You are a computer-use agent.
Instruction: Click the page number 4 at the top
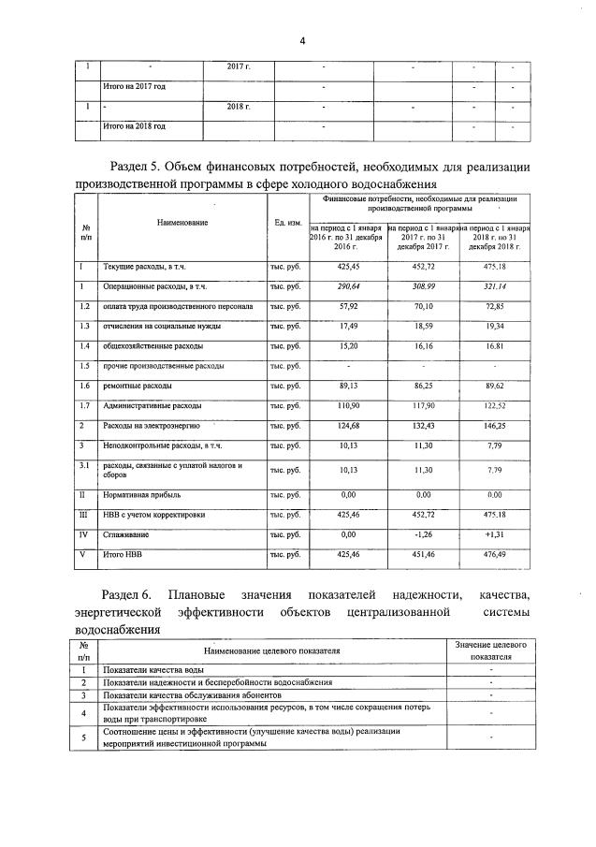302,40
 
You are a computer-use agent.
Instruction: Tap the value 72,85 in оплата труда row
494,306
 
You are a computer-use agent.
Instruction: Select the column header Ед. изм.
287,223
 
